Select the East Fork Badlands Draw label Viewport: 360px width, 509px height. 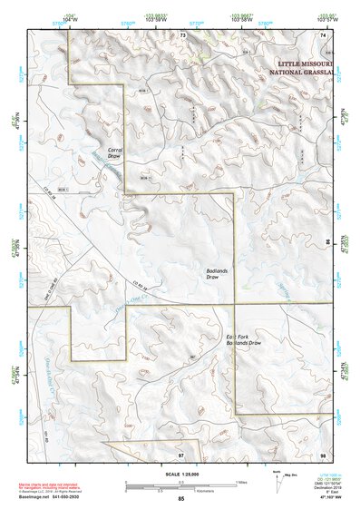(242, 340)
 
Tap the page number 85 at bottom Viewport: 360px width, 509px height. (181, 498)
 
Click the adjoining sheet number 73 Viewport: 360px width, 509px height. (181, 34)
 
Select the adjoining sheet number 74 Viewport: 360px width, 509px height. (323, 34)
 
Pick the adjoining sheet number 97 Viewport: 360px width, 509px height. (181, 454)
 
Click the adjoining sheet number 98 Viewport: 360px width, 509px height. (323, 454)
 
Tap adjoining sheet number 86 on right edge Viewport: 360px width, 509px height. (328, 243)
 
